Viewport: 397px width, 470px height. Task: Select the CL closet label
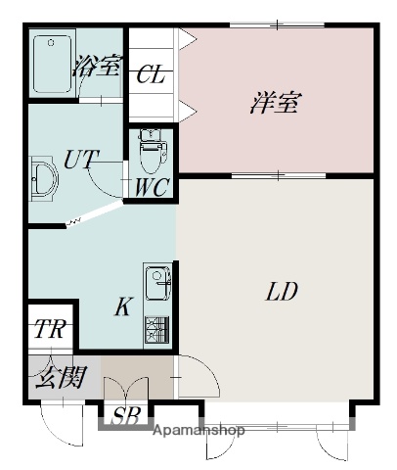(151, 74)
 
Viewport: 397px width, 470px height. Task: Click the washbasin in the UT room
(43, 179)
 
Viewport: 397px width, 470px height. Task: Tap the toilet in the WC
(151, 151)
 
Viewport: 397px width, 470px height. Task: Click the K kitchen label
(122, 307)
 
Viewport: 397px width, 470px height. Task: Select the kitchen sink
(156, 284)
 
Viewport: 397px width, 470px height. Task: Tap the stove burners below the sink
(156, 328)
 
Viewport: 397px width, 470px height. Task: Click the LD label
(281, 291)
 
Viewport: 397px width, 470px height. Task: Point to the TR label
(49, 329)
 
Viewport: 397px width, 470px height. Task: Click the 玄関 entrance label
(61, 376)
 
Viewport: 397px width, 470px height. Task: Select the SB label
(125, 416)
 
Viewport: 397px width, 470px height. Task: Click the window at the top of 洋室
(278, 25)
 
